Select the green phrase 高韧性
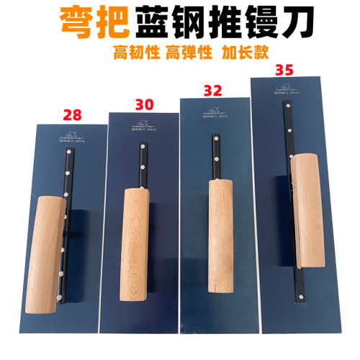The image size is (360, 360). click(135, 53)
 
